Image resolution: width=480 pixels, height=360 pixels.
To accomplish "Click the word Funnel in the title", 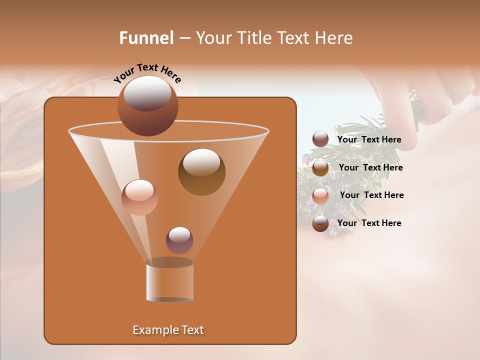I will pos(146,38).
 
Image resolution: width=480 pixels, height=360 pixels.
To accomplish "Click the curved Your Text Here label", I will pos(147,72).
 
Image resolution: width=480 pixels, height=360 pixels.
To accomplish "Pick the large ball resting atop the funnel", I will pos(147,106).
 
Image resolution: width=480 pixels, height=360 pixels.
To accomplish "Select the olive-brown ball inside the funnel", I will pos(201,172).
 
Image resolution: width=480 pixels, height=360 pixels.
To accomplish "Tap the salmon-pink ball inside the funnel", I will pos(139,197).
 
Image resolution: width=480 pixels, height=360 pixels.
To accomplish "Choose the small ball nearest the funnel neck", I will pos(179,240).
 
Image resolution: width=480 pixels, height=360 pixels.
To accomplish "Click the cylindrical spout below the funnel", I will pos(169,281).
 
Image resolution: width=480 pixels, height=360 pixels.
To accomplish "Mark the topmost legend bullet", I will pos(320,139).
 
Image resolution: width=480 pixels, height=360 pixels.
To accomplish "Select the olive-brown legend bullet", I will pos(320,168).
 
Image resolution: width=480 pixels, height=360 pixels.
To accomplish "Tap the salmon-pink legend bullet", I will pos(320,195).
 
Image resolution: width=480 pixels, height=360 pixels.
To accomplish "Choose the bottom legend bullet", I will pos(320,223).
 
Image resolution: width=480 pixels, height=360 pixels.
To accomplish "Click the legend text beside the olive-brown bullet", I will pos(370,167).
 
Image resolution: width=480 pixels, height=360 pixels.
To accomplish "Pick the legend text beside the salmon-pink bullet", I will pos(371,195).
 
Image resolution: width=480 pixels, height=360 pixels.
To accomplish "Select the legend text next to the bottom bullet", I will pos(369,223).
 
